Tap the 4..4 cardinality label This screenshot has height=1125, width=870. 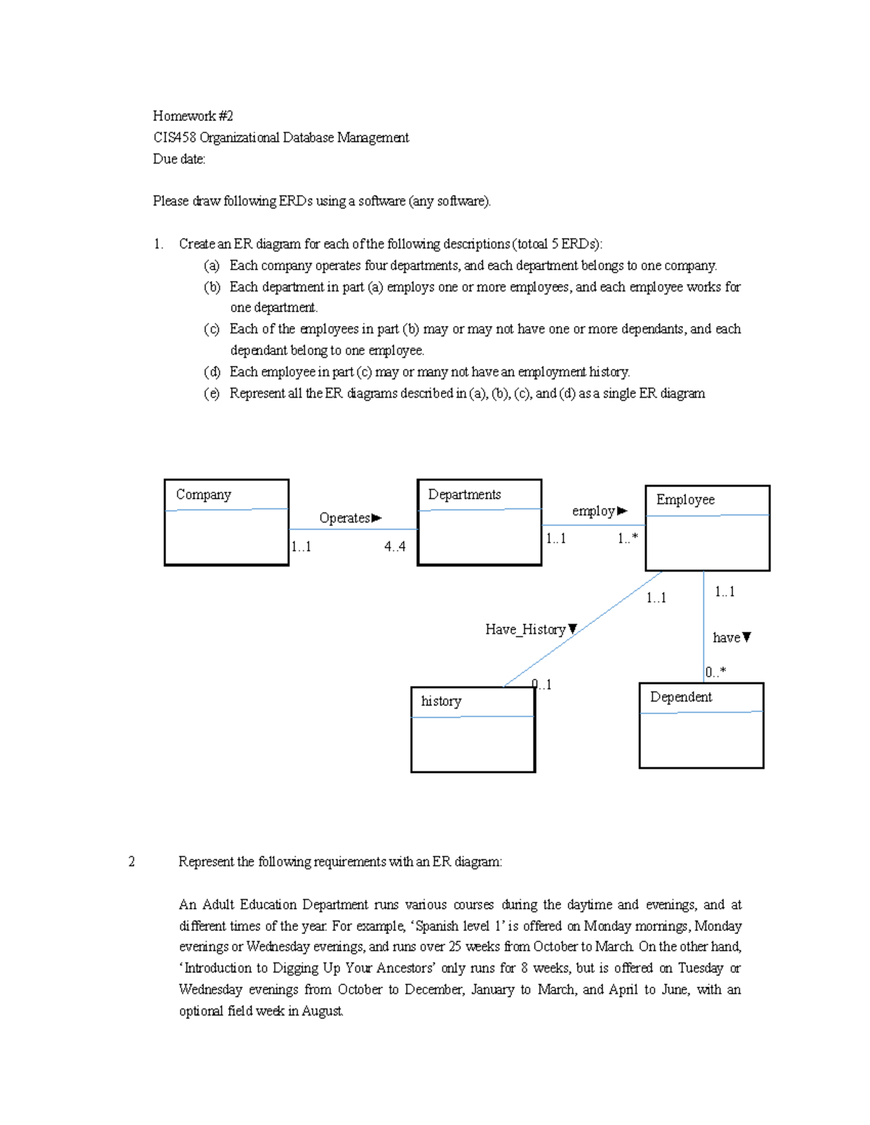pos(395,547)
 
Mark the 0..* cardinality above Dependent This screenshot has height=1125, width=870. pos(716,672)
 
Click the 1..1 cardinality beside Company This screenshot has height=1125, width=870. pos(302,547)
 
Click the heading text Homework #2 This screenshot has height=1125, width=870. pos(193,116)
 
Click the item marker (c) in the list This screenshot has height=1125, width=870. pos(212,329)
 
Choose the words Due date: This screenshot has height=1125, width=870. pos(179,159)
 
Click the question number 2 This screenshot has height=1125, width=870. pos(131,861)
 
